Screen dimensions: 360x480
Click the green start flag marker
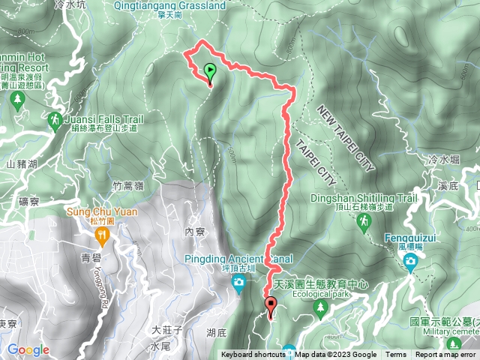pyautogui.click(x=210, y=73)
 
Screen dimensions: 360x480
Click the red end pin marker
pyautogui.click(x=270, y=304)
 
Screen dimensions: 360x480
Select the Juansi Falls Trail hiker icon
pyautogui.click(x=54, y=120)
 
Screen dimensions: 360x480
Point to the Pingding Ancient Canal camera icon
pyautogui.click(x=238, y=282)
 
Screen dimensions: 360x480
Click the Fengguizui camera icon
pyautogui.click(x=411, y=260)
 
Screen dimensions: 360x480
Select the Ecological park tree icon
pyautogui.click(x=322, y=307)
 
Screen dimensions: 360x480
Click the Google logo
pyautogui.click(x=28, y=349)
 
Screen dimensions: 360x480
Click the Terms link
pyautogui.click(x=396, y=355)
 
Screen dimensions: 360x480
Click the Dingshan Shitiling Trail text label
pyautogui.click(x=363, y=199)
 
